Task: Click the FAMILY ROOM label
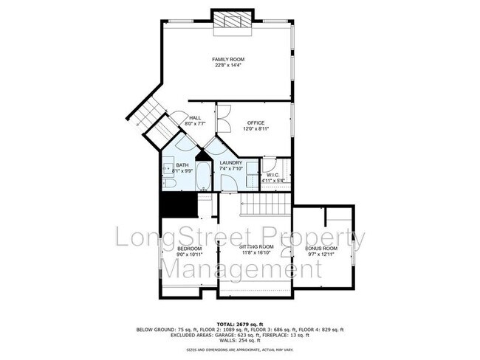point(227,59)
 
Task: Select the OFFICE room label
point(256,122)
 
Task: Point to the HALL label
point(195,117)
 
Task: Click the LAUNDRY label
point(231,162)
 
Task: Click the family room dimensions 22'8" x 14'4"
point(227,66)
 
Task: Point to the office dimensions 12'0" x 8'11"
point(256,128)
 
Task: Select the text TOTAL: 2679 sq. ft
point(239,324)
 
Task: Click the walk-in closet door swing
point(270,165)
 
